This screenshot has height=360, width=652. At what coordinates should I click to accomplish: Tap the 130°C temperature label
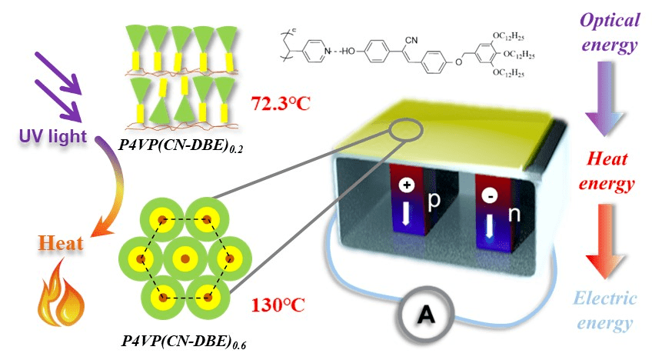[x=278, y=305]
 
